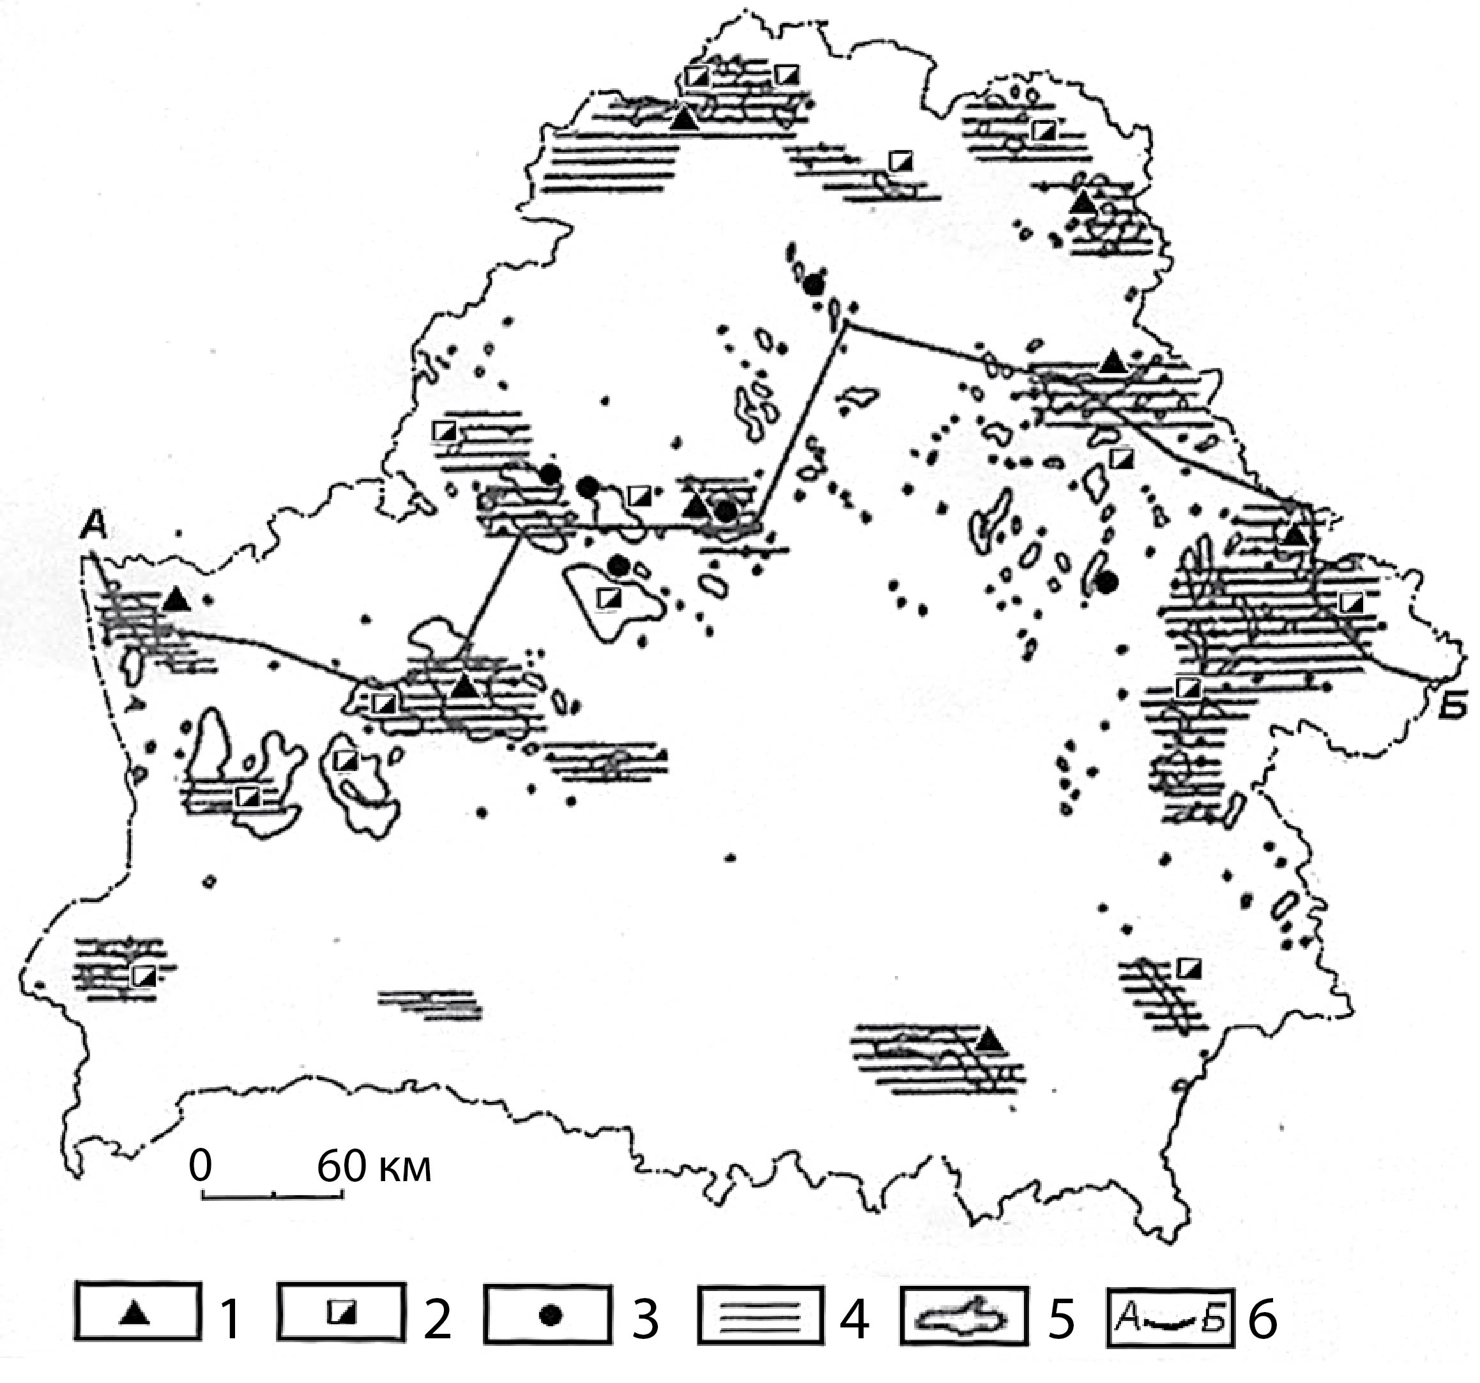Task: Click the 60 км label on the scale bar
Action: point(374,1166)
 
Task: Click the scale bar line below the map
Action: point(273,1195)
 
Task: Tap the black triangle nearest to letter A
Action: point(176,599)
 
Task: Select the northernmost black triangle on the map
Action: point(685,118)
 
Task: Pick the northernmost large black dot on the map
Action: point(814,284)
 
